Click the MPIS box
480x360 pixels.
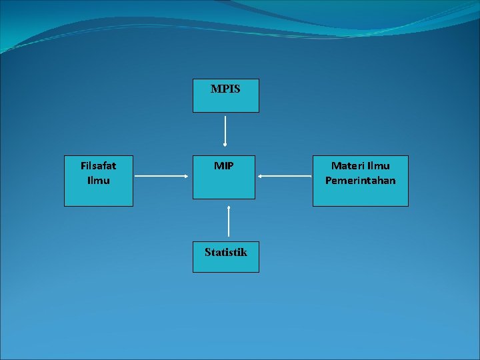point(225,95)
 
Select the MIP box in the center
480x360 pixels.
point(224,177)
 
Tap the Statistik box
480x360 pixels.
point(225,257)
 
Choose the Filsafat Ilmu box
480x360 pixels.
point(99,181)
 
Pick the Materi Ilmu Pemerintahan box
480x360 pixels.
point(360,181)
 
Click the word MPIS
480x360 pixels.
point(225,89)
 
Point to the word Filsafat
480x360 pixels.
point(99,165)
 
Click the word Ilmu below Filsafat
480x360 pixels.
point(99,180)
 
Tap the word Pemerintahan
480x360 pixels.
point(360,180)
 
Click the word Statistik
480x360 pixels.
point(225,252)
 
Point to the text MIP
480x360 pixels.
point(224,165)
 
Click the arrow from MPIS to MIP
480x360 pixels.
point(225,130)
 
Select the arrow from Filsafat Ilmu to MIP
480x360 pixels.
point(162,176)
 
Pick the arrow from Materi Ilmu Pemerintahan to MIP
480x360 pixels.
point(285,176)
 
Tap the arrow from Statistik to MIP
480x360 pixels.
point(229,221)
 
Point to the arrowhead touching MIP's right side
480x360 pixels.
point(260,176)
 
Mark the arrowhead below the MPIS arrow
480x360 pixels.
point(225,143)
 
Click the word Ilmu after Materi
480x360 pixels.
point(379,165)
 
